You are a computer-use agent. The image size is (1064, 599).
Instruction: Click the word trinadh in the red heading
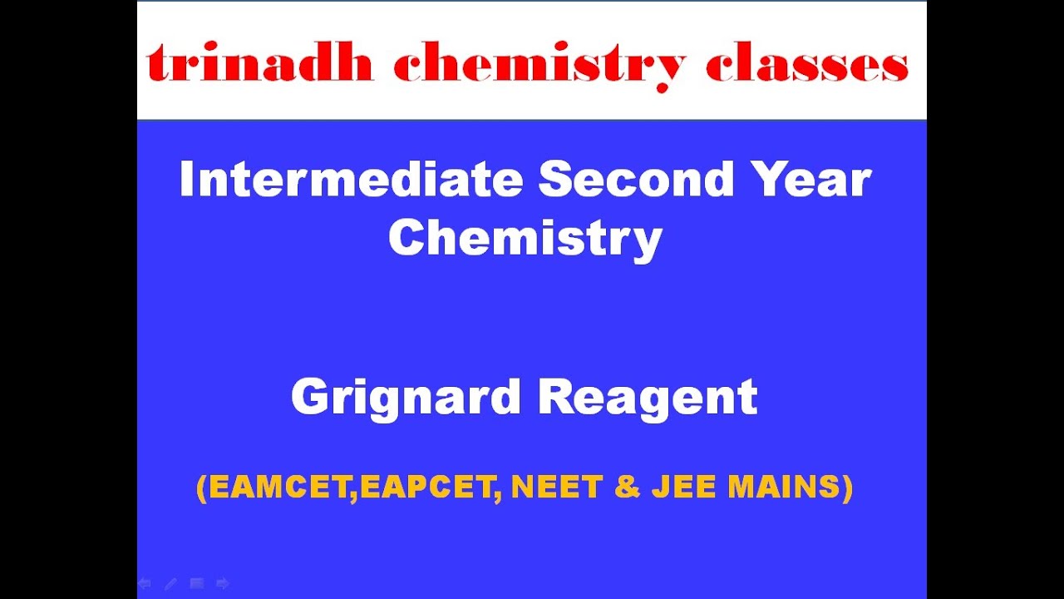pos(259,64)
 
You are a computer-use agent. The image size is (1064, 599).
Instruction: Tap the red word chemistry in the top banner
pos(539,66)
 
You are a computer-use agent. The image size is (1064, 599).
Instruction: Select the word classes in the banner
pos(806,64)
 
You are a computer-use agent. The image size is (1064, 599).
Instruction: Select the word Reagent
pos(648,397)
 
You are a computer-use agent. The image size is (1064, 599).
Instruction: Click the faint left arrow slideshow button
pos(145,584)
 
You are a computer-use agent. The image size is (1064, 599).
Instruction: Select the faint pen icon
pos(170,584)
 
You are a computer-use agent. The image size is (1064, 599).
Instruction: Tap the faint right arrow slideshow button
pos(223,584)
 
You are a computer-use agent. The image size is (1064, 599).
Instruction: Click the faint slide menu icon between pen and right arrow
pos(197,584)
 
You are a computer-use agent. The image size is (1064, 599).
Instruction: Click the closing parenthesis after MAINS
pos(848,488)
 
